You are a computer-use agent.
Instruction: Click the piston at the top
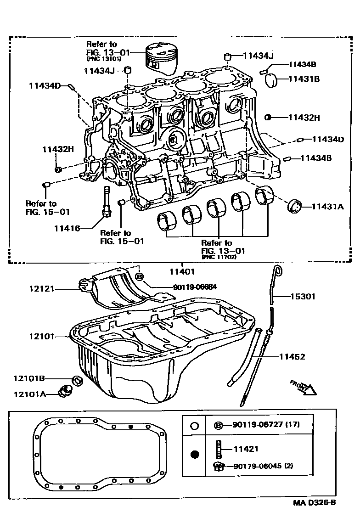(x=161, y=58)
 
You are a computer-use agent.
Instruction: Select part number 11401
(x=182, y=271)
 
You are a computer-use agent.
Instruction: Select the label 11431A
(x=328, y=207)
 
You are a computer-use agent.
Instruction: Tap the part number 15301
(x=303, y=297)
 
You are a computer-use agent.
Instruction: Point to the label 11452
(x=292, y=356)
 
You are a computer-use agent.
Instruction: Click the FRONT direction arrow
(x=304, y=387)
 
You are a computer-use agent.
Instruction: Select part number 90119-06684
(x=195, y=287)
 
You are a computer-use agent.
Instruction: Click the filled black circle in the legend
(x=194, y=455)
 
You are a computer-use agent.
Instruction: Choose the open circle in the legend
(x=194, y=426)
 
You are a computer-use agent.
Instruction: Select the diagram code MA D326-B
(x=315, y=502)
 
